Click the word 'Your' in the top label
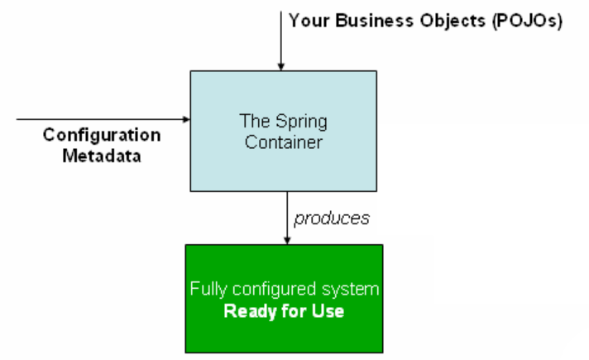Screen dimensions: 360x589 [308, 21]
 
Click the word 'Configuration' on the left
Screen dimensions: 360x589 [102, 135]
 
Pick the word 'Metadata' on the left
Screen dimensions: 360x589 [102, 155]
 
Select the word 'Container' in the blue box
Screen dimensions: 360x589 [284, 142]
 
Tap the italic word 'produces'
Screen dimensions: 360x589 [331, 218]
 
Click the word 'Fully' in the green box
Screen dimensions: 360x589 [208, 290]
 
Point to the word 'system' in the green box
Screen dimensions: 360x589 [354, 290]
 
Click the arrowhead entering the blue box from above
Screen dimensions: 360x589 [281, 66]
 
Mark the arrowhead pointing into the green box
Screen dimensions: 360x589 [286, 240]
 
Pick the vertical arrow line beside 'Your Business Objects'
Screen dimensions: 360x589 [281, 37]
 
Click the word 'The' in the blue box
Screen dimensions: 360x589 [254, 122]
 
